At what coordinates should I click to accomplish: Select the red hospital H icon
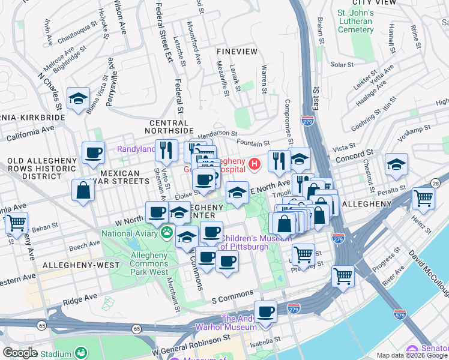click(x=255, y=163)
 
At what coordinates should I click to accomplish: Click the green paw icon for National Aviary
click(x=166, y=232)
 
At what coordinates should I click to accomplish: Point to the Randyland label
click(x=134, y=149)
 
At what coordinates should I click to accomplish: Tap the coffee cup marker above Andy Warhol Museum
click(x=265, y=311)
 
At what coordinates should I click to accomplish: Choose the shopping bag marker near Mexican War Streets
click(x=83, y=190)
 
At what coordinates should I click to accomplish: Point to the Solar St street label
click(x=342, y=64)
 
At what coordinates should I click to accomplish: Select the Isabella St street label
click(x=268, y=345)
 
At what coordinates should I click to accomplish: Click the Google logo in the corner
click(x=20, y=353)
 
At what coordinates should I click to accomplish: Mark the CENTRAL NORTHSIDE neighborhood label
click(x=171, y=127)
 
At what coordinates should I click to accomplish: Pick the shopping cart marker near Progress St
click(x=343, y=276)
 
